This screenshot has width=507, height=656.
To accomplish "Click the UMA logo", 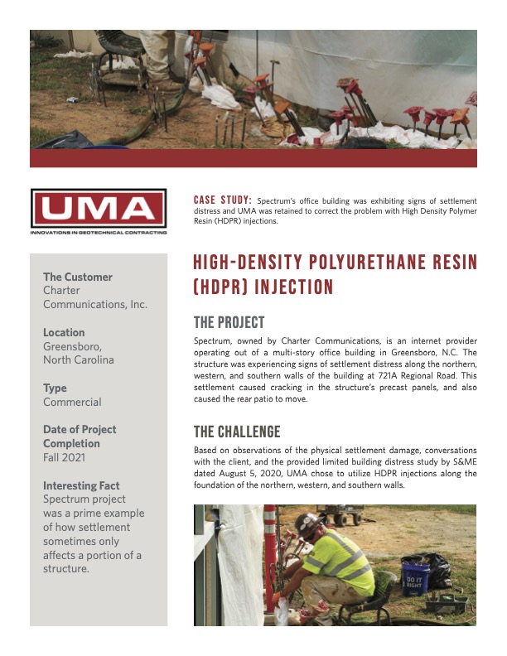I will click(x=98, y=212).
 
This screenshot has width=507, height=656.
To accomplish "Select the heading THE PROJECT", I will click(x=229, y=322).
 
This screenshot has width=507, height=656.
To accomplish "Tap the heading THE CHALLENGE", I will click(x=237, y=432).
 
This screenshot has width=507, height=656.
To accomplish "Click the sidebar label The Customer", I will click(x=78, y=277).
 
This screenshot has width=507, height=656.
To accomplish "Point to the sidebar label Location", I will click(x=64, y=332).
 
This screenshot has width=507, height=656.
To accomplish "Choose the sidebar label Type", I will click(x=55, y=388).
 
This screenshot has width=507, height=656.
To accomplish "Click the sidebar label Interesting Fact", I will click(x=81, y=485).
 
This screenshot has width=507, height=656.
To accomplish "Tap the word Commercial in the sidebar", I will click(x=72, y=402).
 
